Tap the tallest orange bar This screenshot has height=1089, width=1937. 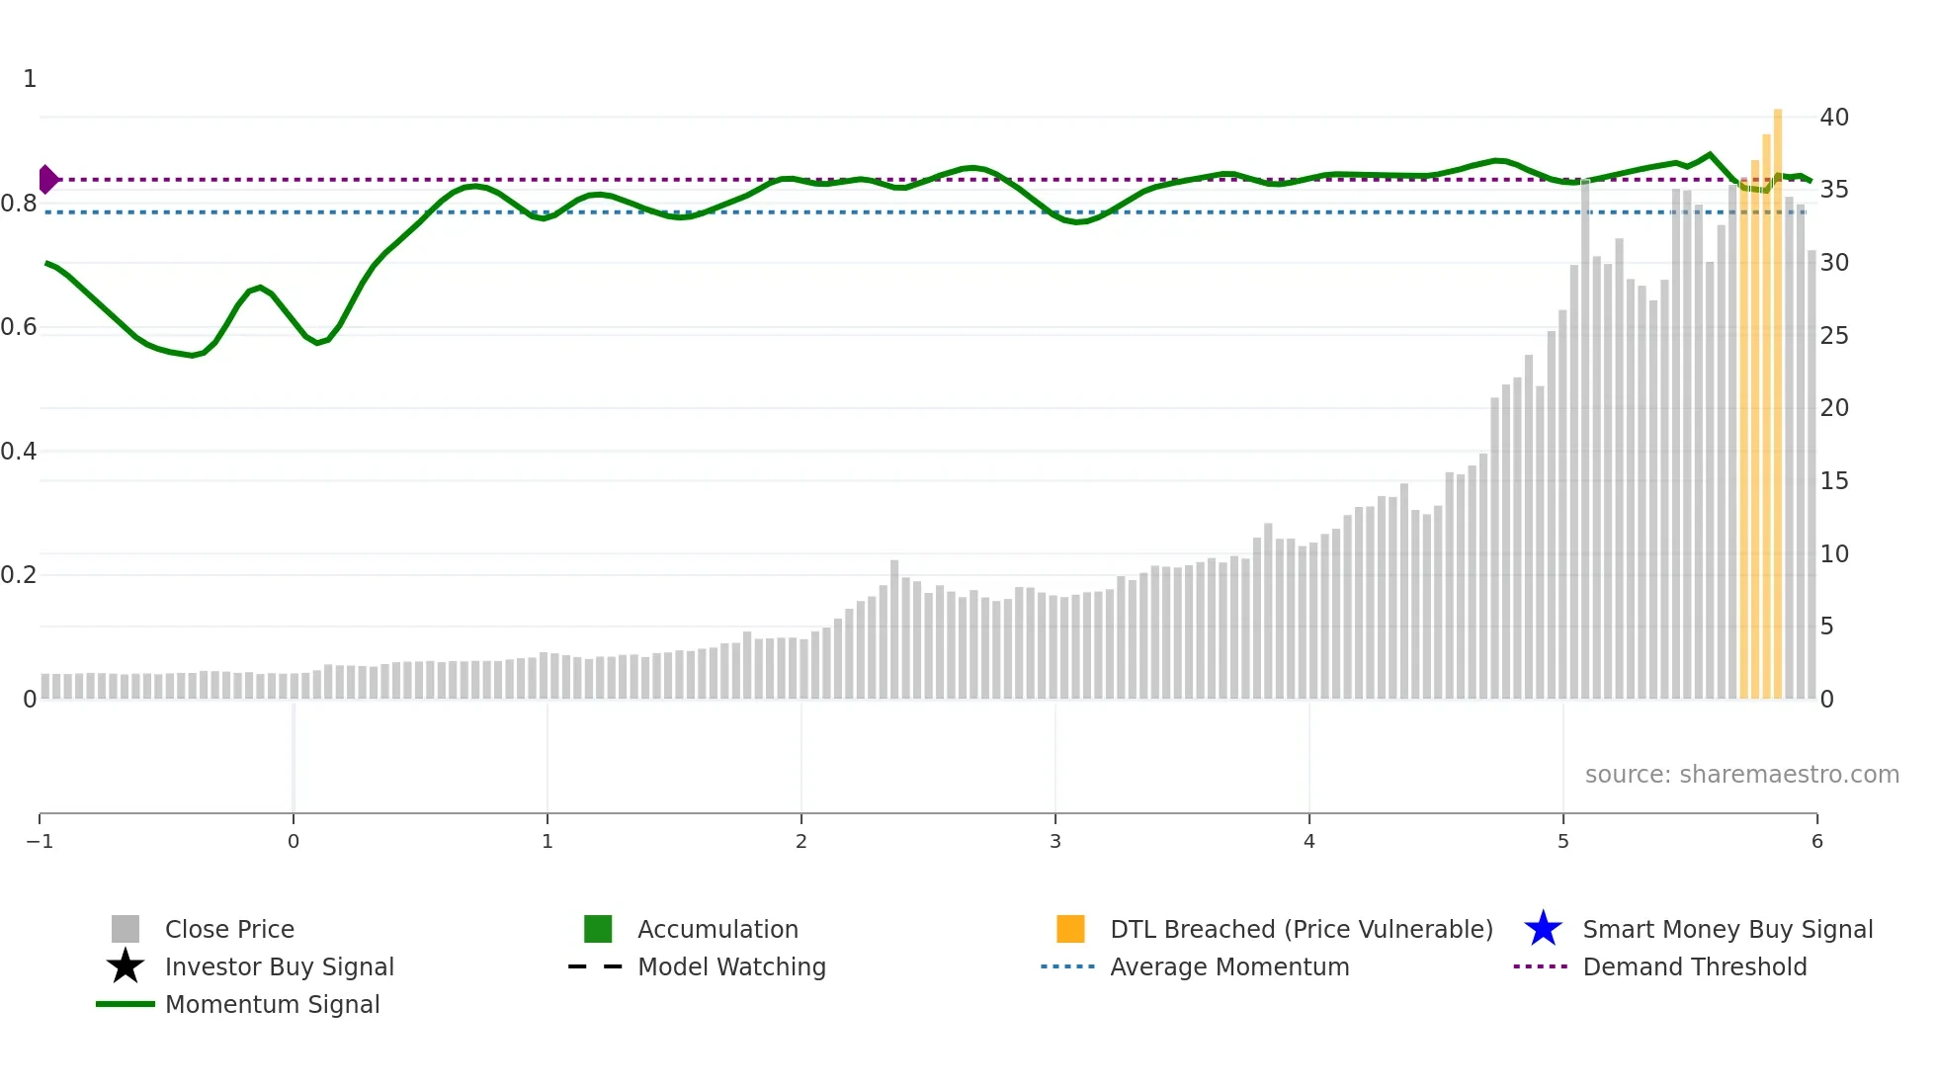pos(1778,405)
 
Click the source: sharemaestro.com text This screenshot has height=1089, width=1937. pos(1741,775)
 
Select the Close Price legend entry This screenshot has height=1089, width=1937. pos(229,930)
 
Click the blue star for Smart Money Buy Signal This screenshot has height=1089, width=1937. pos(1543,930)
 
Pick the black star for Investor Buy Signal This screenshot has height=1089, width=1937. pos(126,966)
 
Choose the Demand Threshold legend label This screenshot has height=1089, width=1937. pos(1694,967)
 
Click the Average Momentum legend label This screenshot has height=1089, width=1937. pos(1229,967)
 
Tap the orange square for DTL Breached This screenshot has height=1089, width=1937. pos(1070,930)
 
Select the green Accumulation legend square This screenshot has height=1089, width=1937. pos(598,930)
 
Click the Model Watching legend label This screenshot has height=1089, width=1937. pos(731,967)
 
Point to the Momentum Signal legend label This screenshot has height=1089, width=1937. pos(272,1005)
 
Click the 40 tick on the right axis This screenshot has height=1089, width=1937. pos(1834,118)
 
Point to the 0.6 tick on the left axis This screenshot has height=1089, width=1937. pos(19,327)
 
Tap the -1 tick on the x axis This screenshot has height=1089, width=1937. pos(40,842)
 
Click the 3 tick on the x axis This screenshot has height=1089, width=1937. pos(1055,842)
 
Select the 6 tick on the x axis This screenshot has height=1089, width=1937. pos(1816,842)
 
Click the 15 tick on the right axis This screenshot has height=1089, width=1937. pos(1834,481)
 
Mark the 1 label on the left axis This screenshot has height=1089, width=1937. pos(30,79)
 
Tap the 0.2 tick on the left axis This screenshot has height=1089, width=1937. pos(19,575)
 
